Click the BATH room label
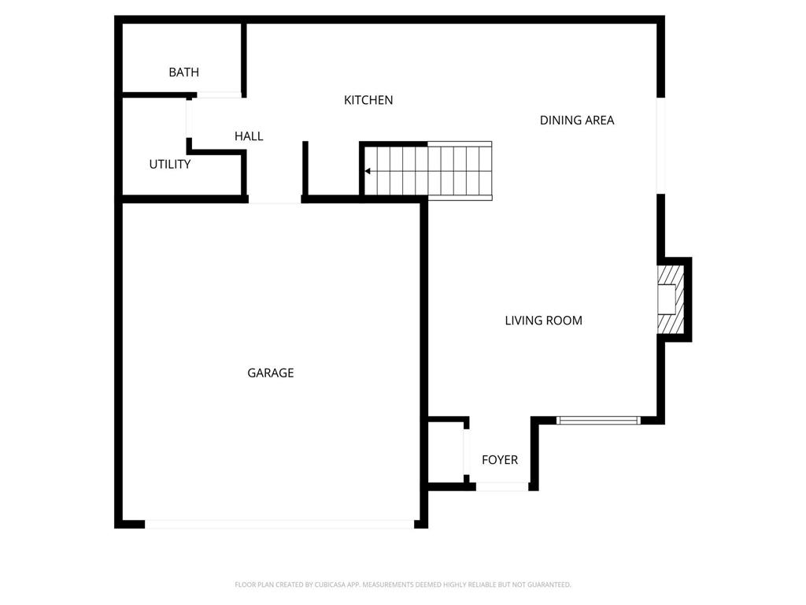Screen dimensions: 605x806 pyautogui.click(x=183, y=72)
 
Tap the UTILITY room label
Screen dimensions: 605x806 pyautogui.click(x=170, y=165)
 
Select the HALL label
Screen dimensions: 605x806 pyautogui.click(x=249, y=136)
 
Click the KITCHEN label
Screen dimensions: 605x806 pyautogui.click(x=368, y=100)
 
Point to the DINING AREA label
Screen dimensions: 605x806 pyautogui.click(x=576, y=121)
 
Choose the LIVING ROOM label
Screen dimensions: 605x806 pyautogui.click(x=543, y=321)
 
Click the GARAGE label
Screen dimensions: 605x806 pyautogui.click(x=270, y=373)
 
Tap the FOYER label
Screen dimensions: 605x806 pyautogui.click(x=500, y=460)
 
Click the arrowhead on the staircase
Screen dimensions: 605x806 pyautogui.click(x=368, y=171)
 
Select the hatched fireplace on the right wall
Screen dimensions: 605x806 pyautogui.click(x=671, y=299)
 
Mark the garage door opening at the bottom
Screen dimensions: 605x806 pyautogui.click(x=279, y=523)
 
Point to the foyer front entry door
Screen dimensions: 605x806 pyautogui.click(x=502, y=487)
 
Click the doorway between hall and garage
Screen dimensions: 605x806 pyautogui.click(x=275, y=200)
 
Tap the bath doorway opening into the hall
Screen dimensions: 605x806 pyautogui.click(x=218, y=95)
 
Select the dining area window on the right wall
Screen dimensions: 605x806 pyautogui.click(x=661, y=146)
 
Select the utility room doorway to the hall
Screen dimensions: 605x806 pyautogui.click(x=189, y=118)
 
